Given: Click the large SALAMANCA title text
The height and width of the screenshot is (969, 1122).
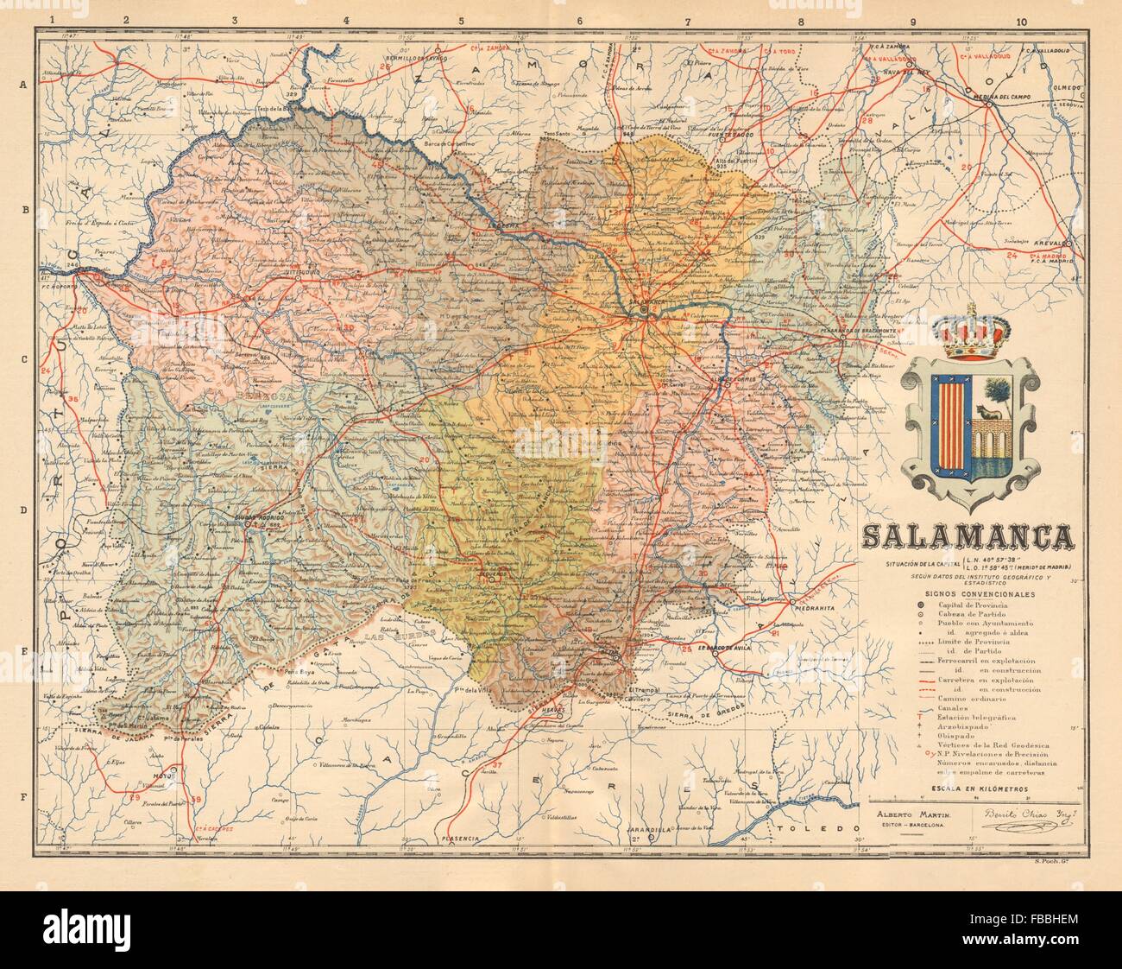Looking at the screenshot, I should (969, 537).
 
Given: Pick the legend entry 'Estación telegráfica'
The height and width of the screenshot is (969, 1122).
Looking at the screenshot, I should (967, 718).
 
